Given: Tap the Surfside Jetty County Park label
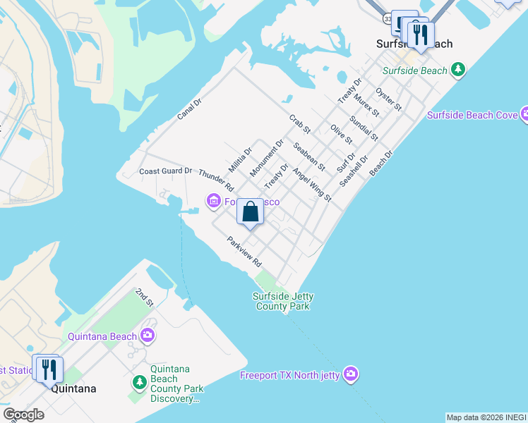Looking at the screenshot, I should pyautogui.click(x=283, y=301).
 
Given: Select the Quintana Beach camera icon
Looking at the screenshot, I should pyautogui.click(x=148, y=336).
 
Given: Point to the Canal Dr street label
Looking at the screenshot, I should pyautogui.click(x=189, y=108).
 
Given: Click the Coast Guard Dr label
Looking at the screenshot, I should pyautogui.click(x=165, y=171).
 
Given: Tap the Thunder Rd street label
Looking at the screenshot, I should pyautogui.click(x=216, y=180).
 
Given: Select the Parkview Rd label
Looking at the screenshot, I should pyautogui.click(x=244, y=251).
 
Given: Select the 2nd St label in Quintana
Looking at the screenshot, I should pyautogui.click(x=145, y=298).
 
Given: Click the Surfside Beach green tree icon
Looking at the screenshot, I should pyautogui.click(x=460, y=70).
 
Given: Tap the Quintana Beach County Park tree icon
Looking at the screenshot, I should pyautogui.click(x=140, y=383).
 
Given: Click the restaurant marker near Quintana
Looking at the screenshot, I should pyautogui.click(x=49, y=369).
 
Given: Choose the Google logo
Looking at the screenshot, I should pyautogui.click(x=23, y=415).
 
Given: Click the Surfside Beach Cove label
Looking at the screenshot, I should pyautogui.click(x=472, y=115).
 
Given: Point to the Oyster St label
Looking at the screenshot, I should pyautogui.click(x=389, y=99).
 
